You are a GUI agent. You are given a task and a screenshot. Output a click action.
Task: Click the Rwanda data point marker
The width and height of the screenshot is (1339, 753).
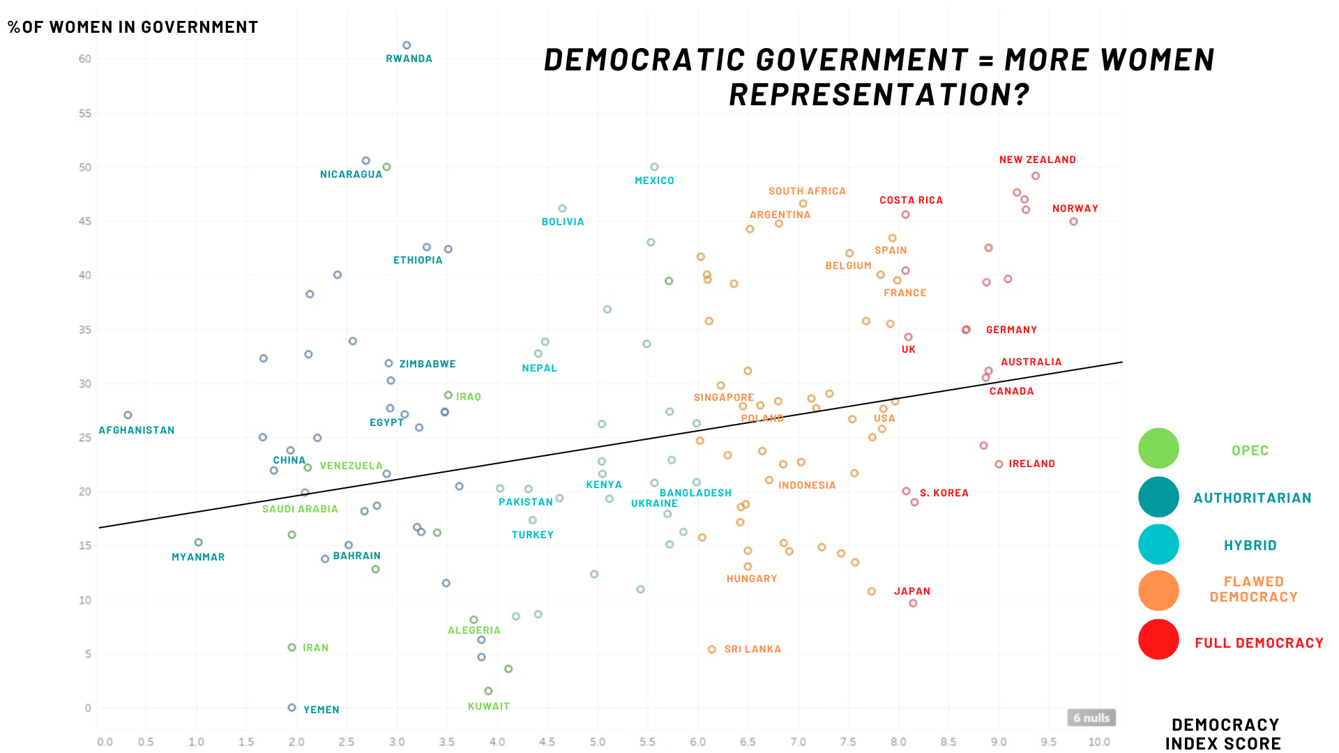pos(407,45)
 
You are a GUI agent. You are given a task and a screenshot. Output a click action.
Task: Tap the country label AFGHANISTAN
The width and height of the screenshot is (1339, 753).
pos(137,430)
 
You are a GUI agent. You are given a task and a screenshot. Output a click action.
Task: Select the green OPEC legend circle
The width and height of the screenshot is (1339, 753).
pos(1158,448)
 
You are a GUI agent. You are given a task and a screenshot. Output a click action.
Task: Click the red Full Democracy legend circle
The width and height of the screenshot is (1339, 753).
pos(1158,639)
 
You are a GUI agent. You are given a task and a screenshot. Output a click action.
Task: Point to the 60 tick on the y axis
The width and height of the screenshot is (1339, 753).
pos(85,59)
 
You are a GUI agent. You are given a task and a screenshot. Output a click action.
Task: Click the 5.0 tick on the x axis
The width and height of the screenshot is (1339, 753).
pos(598,742)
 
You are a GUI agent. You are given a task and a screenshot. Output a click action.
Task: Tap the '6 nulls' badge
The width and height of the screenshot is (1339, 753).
pos(1091,717)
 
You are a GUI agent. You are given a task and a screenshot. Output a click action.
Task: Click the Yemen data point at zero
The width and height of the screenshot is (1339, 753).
pos(292,708)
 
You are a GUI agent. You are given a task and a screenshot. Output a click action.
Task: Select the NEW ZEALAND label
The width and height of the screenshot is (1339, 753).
pos(1037,160)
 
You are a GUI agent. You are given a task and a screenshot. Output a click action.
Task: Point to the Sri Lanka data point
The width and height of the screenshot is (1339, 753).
pos(712,649)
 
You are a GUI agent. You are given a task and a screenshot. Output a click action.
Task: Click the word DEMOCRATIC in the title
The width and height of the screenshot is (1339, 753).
pos(645,61)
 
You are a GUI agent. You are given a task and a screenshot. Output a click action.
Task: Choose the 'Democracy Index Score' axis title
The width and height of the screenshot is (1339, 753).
pos(1224,734)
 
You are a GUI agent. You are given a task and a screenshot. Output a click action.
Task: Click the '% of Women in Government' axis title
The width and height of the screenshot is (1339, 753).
pos(133,27)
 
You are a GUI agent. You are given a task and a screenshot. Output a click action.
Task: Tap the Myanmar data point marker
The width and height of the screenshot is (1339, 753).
pos(198,542)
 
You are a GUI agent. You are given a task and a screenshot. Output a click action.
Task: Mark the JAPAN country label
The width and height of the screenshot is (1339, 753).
pos(912,591)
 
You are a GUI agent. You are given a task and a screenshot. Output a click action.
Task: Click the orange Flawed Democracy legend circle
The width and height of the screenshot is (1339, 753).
pos(1158,591)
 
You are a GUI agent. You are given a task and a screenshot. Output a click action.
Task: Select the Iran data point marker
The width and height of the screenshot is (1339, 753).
pos(292,648)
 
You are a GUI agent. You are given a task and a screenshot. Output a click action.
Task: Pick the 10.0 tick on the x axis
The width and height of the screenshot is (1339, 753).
pos(1099,742)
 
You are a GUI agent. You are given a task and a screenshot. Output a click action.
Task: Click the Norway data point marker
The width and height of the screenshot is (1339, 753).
pos(1074,222)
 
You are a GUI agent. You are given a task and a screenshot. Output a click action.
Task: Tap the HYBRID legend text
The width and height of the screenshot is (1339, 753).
pos(1250,545)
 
